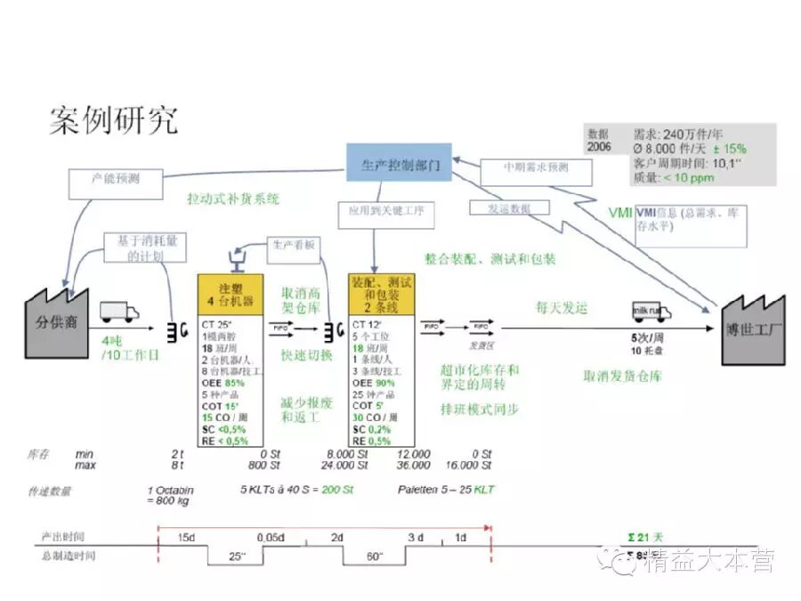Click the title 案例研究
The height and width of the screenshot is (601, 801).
[113, 119]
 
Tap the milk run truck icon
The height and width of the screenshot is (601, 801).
[651, 311]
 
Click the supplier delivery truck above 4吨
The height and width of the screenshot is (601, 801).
[119, 312]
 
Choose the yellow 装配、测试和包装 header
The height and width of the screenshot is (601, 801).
[381, 295]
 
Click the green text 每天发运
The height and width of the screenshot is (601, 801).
[562, 307]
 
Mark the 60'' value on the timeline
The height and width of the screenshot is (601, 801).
[374, 556]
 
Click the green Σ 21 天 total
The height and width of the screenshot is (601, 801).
[644, 538]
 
